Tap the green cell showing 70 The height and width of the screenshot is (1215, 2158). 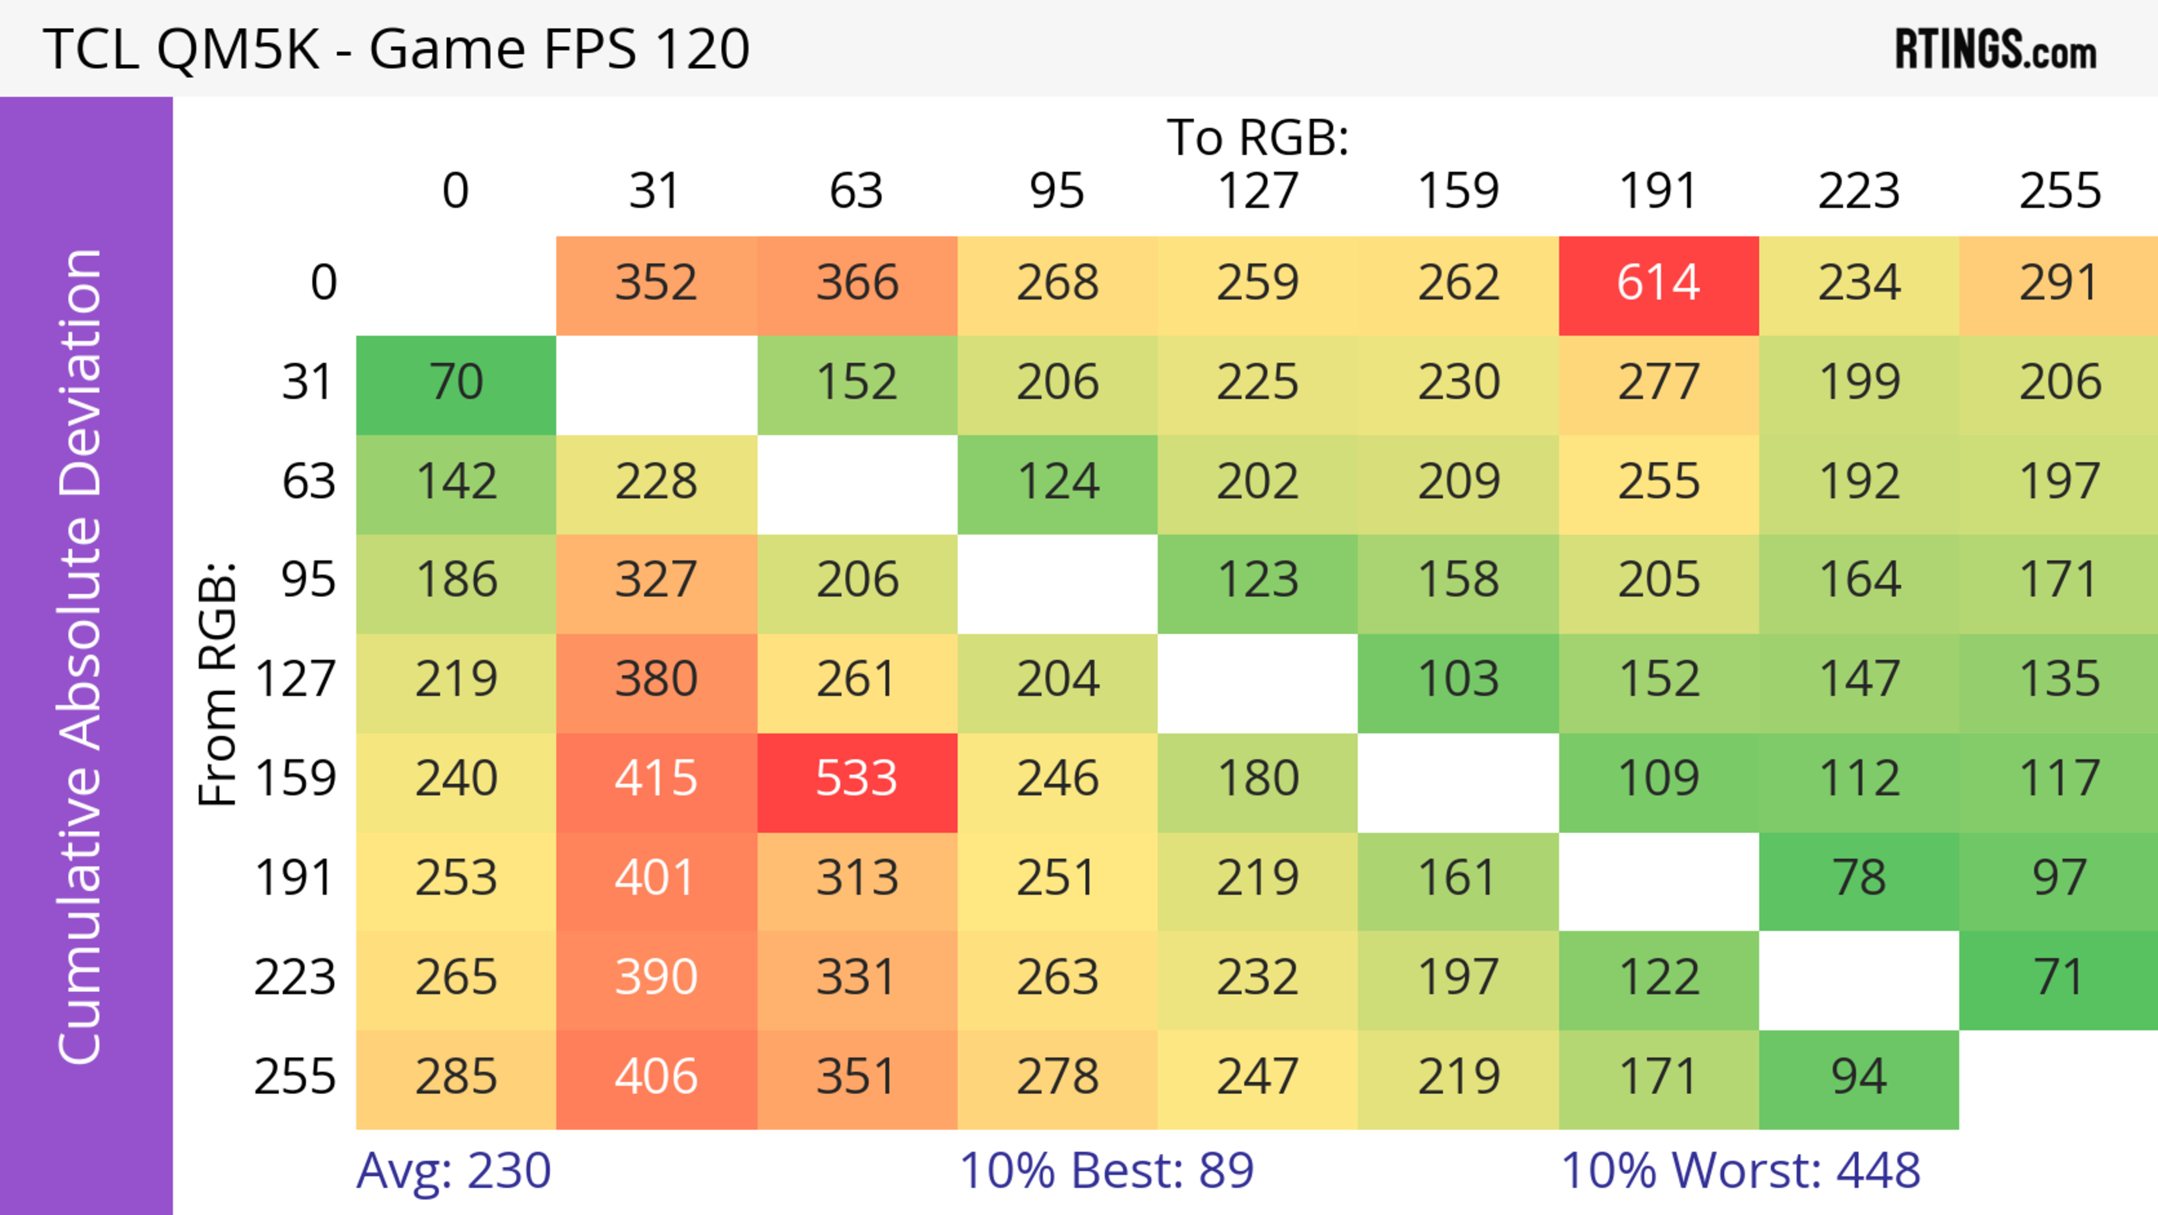(456, 383)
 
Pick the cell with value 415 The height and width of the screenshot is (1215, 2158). (656, 779)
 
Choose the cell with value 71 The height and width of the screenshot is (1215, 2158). (2059, 978)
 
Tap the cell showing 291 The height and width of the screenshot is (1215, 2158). (2059, 283)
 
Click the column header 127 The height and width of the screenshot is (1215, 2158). (1258, 191)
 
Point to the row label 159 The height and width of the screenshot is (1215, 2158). (296, 779)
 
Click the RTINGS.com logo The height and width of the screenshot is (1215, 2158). (1996, 49)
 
